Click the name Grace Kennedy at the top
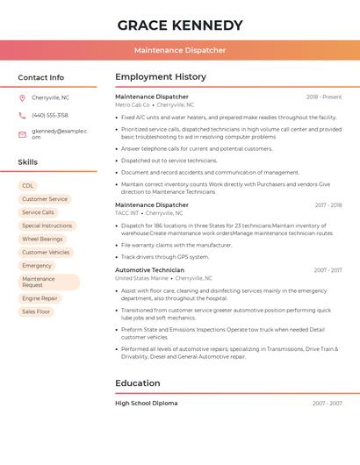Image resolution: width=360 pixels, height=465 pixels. click(x=179, y=25)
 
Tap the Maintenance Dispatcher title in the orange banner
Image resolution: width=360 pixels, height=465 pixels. click(x=180, y=50)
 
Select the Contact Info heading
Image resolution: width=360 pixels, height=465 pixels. click(x=40, y=77)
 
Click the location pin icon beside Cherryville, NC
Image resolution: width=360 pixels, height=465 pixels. click(x=22, y=97)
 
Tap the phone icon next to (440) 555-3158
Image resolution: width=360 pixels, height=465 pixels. click(x=22, y=115)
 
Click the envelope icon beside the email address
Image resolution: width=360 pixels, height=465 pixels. click(x=22, y=134)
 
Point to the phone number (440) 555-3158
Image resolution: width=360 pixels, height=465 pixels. click(x=50, y=115)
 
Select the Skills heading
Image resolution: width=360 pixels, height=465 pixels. click(x=27, y=162)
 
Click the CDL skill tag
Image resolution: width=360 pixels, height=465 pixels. click(x=28, y=186)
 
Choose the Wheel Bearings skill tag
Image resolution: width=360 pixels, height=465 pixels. click(x=42, y=239)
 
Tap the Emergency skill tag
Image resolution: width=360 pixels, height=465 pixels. click(x=37, y=265)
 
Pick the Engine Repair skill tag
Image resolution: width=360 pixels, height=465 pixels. click(x=40, y=298)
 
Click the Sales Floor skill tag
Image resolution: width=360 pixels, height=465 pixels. click(x=36, y=311)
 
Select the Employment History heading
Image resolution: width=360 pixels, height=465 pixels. click(x=161, y=77)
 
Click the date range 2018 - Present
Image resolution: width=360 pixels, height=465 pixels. click(x=324, y=97)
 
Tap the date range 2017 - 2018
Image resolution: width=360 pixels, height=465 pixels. click(x=328, y=205)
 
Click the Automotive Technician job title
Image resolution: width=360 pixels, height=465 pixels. click(x=149, y=270)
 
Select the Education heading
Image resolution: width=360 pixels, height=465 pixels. click(x=138, y=383)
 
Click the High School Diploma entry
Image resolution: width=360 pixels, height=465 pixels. click(x=146, y=404)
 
